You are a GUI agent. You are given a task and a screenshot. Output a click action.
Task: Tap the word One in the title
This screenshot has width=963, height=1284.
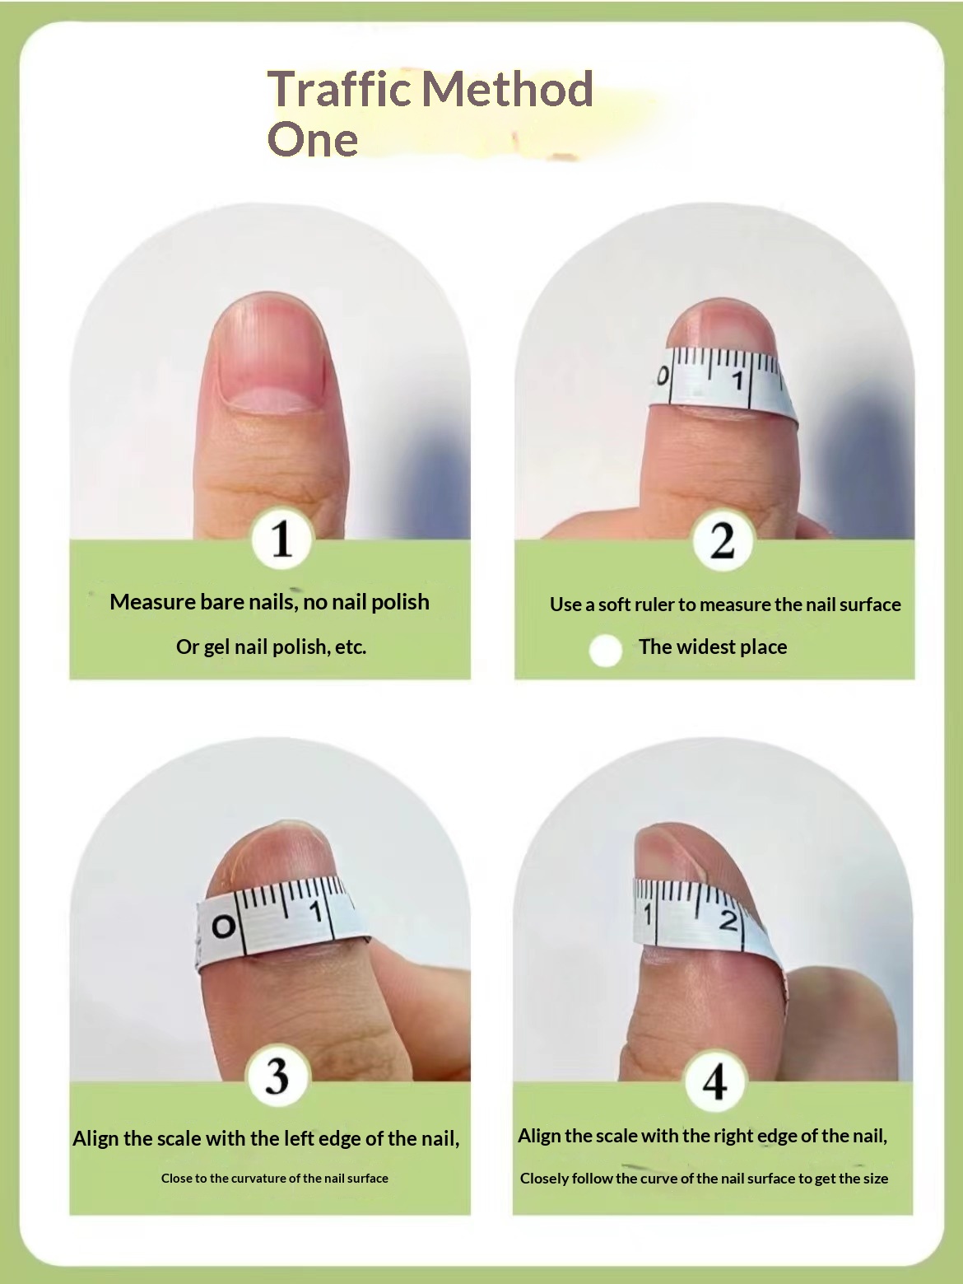click(313, 139)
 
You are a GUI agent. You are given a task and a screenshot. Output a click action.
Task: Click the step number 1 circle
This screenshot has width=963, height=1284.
click(281, 539)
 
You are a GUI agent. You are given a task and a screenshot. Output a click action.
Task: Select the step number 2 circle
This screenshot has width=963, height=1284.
click(722, 541)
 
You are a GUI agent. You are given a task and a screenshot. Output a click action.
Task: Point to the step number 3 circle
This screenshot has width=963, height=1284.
click(277, 1076)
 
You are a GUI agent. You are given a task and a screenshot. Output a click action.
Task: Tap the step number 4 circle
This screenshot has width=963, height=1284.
click(714, 1081)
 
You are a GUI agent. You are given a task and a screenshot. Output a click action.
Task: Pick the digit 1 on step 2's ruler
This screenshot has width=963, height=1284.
click(737, 381)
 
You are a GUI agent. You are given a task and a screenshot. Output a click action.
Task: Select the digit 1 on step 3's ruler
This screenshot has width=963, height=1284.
click(314, 912)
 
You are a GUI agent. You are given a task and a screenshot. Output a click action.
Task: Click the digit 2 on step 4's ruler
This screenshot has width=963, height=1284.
click(728, 921)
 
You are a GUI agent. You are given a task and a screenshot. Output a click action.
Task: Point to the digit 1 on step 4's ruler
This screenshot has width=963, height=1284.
click(648, 914)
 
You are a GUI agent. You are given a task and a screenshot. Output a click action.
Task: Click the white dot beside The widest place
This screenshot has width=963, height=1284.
click(606, 650)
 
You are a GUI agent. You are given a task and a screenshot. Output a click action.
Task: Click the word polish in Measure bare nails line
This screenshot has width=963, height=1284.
click(400, 602)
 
